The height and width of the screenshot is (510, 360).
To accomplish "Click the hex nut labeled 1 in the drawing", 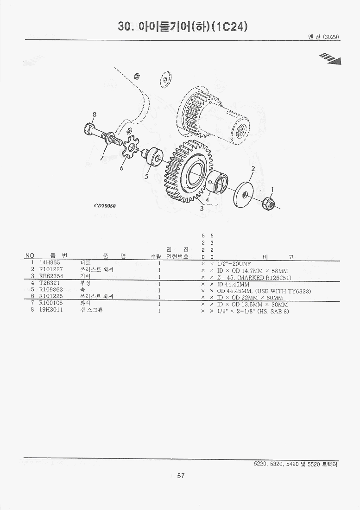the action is coord(268,203).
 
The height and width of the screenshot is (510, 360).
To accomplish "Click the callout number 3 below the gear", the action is coord(202,209).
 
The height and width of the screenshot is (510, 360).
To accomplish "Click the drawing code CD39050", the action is coord(105,205).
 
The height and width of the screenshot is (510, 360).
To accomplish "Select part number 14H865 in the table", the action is coord(50,263).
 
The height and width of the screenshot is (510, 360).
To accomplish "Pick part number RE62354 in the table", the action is coord(51,276).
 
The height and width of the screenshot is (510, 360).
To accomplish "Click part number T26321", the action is coord(50,283).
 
